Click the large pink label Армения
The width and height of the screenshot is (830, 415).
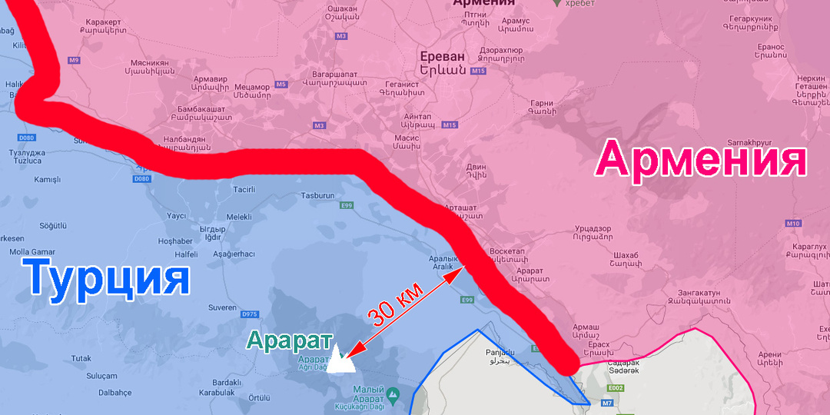(x=701, y=160)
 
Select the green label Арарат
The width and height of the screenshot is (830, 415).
(x=289, y=340)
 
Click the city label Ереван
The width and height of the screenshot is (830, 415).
(x=443, y=57)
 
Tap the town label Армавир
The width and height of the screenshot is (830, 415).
(x=211, y=79)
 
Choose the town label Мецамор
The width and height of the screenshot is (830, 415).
(x=252, y=87)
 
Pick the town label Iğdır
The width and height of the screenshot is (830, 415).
(x=212, y=237)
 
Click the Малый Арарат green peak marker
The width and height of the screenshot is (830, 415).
(x=393, y=396)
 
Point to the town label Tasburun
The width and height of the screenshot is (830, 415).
(x=318, y=196)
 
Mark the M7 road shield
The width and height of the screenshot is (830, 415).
(x=607, y=403)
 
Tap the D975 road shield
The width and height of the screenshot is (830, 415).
(x=250, y=314)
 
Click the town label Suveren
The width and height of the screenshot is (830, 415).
(x=222, y=307)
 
